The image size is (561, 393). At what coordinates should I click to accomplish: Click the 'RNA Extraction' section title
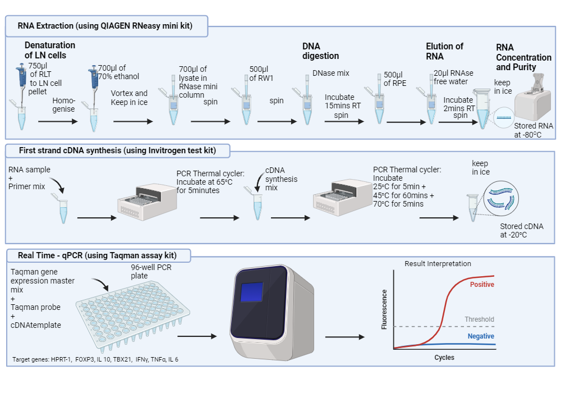(x=105, y=26)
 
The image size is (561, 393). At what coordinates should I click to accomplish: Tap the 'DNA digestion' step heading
(x=320, y=51)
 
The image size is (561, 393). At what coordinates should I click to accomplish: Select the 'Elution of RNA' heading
(x=444, y=51)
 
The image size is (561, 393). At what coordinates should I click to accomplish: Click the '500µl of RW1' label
(x=261, y=74)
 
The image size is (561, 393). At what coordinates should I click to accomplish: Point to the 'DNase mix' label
(x=330, y=74)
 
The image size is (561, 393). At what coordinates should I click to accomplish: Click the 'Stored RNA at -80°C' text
(x=534, y=130)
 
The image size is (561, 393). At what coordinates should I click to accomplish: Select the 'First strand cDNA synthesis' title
(x=117, y=150)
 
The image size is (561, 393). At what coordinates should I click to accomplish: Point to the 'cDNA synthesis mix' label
(x=281, y=179)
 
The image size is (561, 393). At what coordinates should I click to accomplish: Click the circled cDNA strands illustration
(x=501, y=199)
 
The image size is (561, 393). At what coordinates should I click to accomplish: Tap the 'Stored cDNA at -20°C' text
(x=521, y=231)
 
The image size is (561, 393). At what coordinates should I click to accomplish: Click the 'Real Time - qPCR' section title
(x=97, y=255)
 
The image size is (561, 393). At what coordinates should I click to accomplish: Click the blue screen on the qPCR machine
(x=251, y=292)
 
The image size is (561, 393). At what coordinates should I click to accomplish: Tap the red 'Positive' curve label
(x=482, y=285)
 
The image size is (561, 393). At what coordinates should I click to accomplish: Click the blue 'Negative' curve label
(x=481, y=336)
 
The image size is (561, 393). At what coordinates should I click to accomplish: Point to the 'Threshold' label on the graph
(x=479, y=319)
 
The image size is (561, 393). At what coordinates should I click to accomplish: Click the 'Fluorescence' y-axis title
(x=384, y=309)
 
